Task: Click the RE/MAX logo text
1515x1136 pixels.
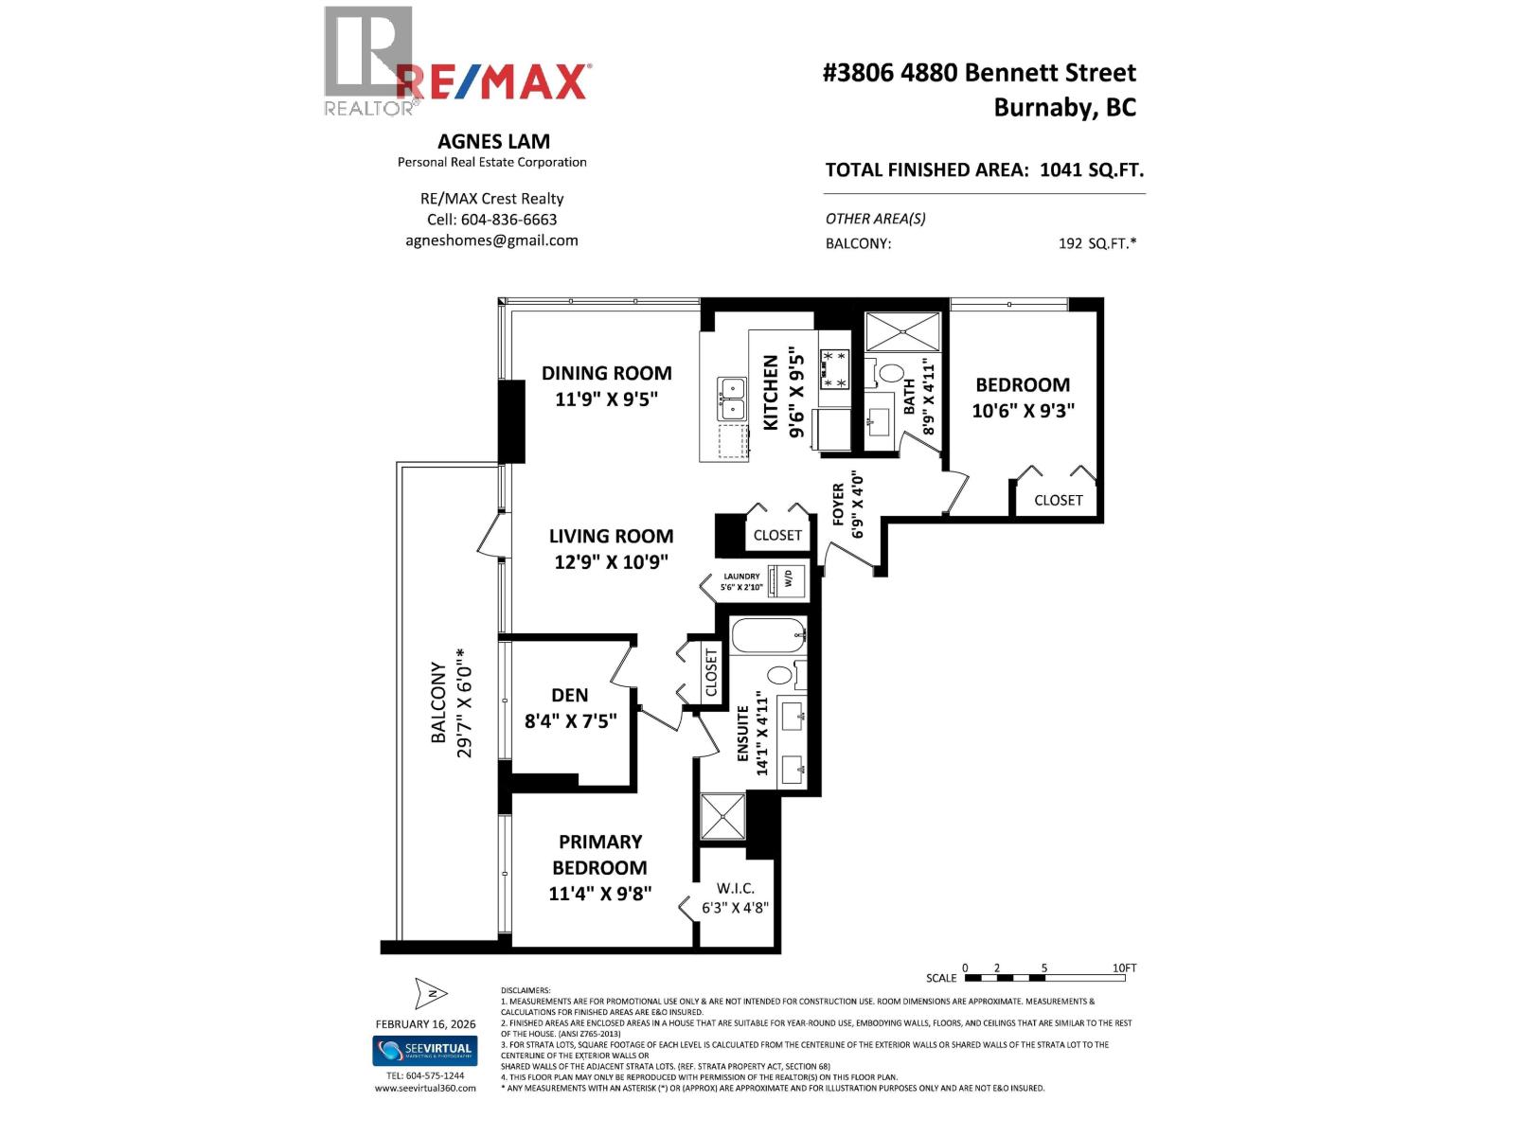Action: [493, 82]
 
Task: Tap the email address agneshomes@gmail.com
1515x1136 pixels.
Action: [491, 240]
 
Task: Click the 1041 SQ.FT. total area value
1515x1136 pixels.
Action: [1091, 170]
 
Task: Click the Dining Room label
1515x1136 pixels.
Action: [606, 373]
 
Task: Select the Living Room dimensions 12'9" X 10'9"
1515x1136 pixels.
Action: [611, 562]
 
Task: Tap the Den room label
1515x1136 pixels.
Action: [570, 696]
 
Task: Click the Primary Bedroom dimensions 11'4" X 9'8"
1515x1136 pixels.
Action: [599, 893]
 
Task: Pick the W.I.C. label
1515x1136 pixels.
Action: [735, 888]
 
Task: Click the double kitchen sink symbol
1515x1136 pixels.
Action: [732, 399]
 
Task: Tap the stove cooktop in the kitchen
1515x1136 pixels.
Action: [834, 369]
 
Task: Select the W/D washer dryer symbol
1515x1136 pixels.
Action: [787, 579]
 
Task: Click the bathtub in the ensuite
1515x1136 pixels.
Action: [768, 635]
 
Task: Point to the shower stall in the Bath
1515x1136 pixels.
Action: [902, 332]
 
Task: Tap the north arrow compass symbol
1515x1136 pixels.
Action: [431, 993]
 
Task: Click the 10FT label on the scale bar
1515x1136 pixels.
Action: [1124, 967]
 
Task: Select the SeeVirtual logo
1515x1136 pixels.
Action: [424, 1051]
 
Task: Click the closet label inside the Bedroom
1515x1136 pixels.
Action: [1058, 500]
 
